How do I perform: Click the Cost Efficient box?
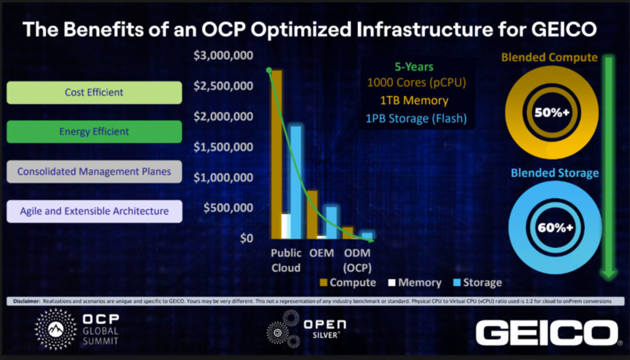(94, 93)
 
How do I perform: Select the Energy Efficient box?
(94, 132)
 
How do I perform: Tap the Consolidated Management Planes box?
(94, 172)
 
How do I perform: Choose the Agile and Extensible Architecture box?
(94, 211)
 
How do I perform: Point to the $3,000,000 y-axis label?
(223, 56)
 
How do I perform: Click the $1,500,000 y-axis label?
(223, 147)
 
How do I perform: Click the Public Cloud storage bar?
(296, 180)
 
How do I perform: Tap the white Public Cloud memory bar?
(286, 226)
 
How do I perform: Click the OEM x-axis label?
(321, 253)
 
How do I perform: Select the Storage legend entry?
(476, 282)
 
